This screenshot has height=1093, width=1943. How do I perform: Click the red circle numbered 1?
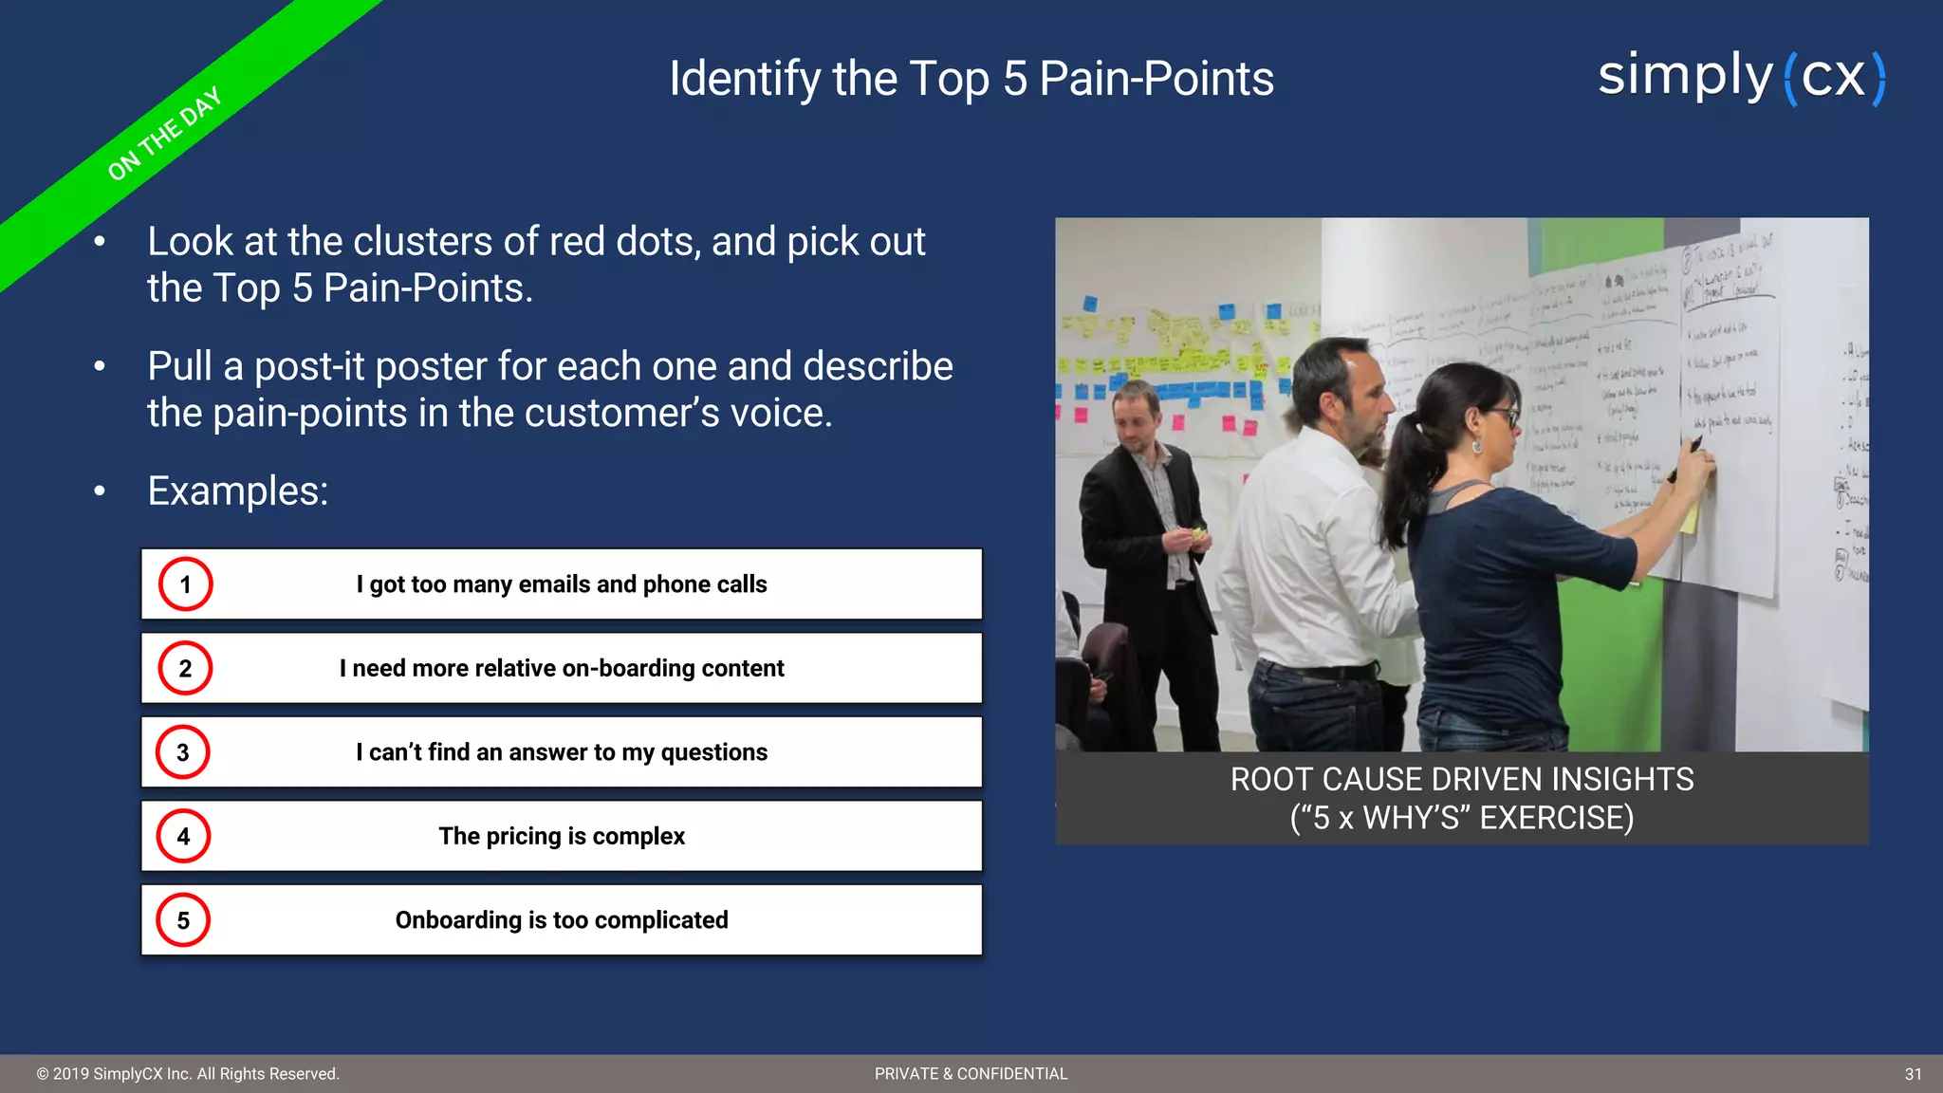pyautogui.click(x=185, y=584)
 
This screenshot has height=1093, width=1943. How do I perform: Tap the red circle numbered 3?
pyautogui.click(x=183, y=752)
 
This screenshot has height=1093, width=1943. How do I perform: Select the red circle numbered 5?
pyautogui.click(x=183, y=920)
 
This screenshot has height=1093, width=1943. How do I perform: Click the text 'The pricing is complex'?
pyautogui.click(x=562, y=836)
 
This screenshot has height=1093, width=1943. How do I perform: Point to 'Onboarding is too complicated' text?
pyautogui.click(x=562, y=920)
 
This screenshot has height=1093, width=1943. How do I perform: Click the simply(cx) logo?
pyautogui.click(x=1741, y=78)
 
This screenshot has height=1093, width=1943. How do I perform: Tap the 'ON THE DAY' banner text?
pyautogui.click(x=164, y=134)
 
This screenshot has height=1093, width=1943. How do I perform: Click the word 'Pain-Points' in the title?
pyautogui.click(x=1156, y=79)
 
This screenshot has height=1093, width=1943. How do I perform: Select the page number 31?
pyautogui.click(x=1913, y=1074)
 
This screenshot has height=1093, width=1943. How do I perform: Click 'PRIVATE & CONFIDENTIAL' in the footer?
pyautogui.click(x=971, y=1074)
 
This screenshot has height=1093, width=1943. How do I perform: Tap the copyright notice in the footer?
pyautogui.click(x=188, y=1074)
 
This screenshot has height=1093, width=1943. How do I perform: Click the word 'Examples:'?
pyautogui.click(x=237, y=491)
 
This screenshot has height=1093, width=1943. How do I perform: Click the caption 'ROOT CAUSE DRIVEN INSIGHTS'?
pyautogui.click(x=1461, y=780)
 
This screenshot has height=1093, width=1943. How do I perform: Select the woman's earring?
pyautogui.click(x=1477, y=445)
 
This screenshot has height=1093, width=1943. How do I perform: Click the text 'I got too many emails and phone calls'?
pyautogui.click(x=562, y=584)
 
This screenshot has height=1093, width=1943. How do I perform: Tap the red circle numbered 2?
pyautogui.click(x=185, y=668)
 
